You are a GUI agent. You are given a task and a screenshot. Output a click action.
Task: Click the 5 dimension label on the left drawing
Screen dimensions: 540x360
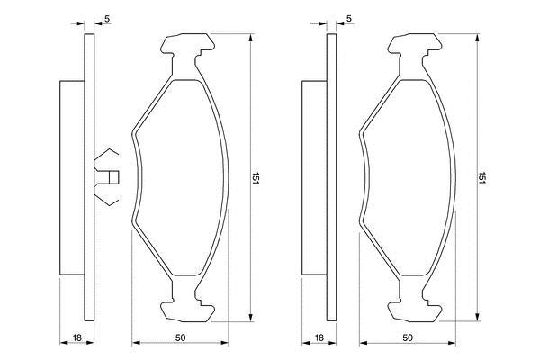click(107, 19)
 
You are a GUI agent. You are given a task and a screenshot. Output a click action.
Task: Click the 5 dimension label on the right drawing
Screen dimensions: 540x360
click(349, 19)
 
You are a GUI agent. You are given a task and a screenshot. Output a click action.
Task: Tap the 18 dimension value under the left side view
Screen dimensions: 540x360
click(77, 338)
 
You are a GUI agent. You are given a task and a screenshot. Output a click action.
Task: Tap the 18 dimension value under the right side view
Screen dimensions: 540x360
click(319, 338)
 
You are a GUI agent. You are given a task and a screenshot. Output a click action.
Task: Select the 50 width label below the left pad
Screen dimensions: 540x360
click(180, 338)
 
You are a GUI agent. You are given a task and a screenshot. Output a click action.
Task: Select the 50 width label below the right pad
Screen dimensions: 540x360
click(408, 338)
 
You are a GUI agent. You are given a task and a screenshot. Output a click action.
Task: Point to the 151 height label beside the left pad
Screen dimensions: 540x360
click(256, 178)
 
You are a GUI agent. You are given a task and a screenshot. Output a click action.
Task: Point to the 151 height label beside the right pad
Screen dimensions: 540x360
click(481, 178)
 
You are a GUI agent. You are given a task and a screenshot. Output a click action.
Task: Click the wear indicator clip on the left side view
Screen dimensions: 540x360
click(106, 177)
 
